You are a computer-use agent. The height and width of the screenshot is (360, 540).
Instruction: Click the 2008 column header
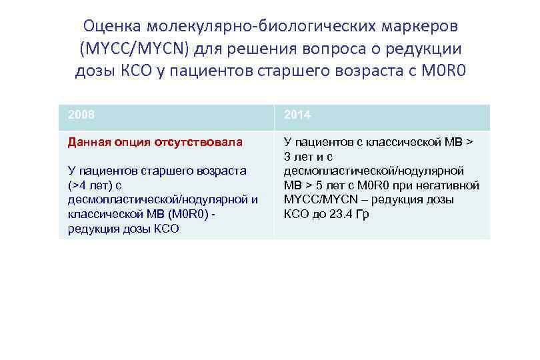[81, 115]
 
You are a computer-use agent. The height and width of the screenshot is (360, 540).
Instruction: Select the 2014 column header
[297, 115]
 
